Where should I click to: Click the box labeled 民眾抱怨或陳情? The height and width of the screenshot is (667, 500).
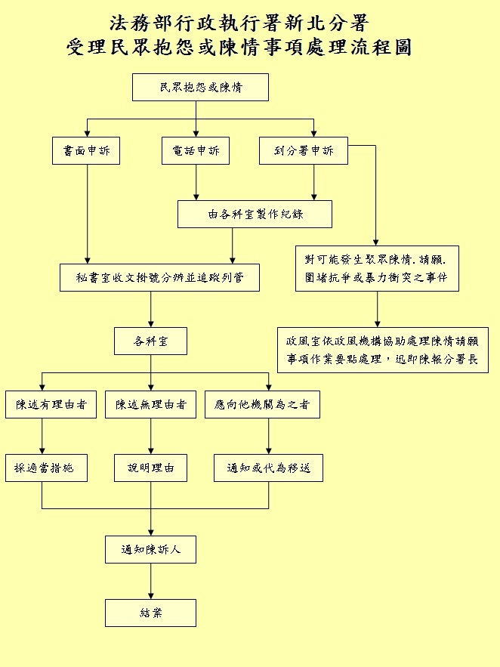[x=200, y=87]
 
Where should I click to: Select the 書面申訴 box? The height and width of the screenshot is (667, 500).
[x=87, y=151]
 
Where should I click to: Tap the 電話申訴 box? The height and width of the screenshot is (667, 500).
[x=196, y=151]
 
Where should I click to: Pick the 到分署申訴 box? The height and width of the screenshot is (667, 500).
[x=303, y=151]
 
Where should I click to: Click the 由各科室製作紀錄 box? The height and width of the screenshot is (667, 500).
[x=255, y=214]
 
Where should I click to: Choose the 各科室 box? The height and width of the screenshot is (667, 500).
[x=150, y=341]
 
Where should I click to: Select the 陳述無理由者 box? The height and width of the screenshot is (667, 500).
[x=151, y=405]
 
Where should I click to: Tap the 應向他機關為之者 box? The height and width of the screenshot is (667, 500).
[x=262, y=405]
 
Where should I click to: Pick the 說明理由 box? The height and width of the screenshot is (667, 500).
[x=150, y=468]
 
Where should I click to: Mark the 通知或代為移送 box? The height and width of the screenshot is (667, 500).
[x=268, y=468]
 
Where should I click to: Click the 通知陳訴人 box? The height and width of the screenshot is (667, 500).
[x=150, y=549]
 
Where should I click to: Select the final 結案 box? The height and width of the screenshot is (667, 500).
[x=150, y=613]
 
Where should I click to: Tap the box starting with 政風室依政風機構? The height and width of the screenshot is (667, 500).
[x=382, y=350]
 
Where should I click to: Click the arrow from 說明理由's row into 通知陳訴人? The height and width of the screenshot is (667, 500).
[x=150, y=521]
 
